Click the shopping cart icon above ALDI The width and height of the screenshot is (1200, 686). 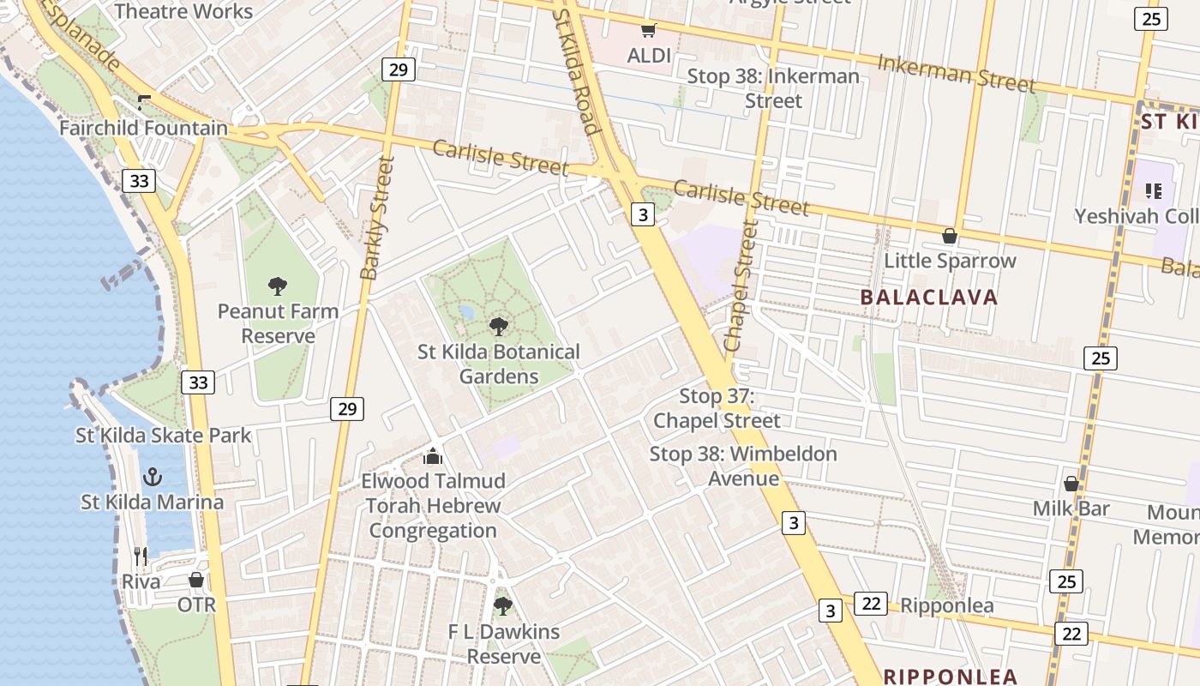click(x=648, y=31)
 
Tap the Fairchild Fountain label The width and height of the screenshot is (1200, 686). click(x=143, y=129)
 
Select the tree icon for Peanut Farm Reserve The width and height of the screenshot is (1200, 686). click(x=277, y=286)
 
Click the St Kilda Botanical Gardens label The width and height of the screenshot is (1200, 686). click(x=498, y=364)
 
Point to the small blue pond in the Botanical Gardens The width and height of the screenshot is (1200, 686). click(x=466, y=312)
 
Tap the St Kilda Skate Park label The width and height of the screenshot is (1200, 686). click(x=164, y=435)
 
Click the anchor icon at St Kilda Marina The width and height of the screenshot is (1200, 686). click(x=152, y=477)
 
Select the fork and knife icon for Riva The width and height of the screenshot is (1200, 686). click(x=141, y=557)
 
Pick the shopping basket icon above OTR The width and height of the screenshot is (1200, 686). click(x=196, y=581)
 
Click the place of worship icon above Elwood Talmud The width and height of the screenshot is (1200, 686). click(x=433, y=455)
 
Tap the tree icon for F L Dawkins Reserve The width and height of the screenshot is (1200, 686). click(x=503, y=606)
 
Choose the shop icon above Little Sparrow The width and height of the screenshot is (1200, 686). click(x=950, y=235)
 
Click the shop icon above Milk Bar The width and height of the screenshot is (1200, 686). click(x=1071, y=484)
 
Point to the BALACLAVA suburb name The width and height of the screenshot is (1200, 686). click(x=929, y=298)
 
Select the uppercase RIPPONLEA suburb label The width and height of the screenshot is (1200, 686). click(x=950, y=676)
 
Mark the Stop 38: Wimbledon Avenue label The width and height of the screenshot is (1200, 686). click(x=743, y=466)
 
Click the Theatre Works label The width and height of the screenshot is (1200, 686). click(x=183, y=11)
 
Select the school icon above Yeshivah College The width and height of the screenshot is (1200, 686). click(x=1153, y=190)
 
